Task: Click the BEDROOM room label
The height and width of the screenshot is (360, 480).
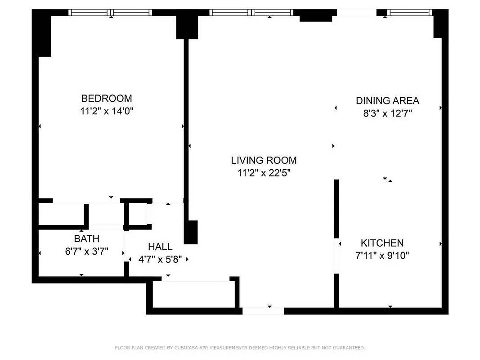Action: [x=107, y=98]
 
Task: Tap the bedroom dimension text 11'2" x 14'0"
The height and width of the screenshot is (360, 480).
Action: [x=107, y=111]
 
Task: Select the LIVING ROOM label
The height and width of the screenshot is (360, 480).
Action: [x=264, y=160]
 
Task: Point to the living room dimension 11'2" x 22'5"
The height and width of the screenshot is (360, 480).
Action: [x=264, y=173]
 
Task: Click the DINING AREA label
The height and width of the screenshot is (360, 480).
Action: [x=387, y=100]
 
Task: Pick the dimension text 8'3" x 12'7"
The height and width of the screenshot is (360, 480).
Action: [x=387, y=113]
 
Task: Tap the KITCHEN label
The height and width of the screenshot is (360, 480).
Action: [x=382, y=243]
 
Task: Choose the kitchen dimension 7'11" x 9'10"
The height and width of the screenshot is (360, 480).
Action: [x=382, y=256]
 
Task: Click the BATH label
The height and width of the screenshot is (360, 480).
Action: [x=86, y=238]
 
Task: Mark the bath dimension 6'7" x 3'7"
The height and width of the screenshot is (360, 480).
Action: [x=86, y=251]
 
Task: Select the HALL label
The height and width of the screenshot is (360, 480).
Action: [x=160, y=247]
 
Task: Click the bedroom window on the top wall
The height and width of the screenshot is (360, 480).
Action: [x=110, y=13]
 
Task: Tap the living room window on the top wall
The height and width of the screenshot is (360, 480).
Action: [x=251, y=13]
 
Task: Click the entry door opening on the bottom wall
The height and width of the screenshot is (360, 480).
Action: [x=263, y=310]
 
